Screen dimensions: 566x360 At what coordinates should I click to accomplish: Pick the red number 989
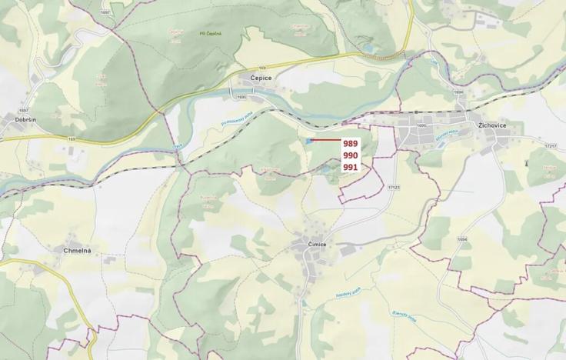[351, 144]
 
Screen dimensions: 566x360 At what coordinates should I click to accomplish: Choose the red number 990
[351, 155]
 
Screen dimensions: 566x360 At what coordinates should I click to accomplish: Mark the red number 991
[351, 167]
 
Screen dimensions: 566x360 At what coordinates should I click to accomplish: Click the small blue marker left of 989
[308, 141]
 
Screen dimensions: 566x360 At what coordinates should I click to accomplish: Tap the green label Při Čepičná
[210, 34]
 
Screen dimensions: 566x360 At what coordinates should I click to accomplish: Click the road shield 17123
[395, 186]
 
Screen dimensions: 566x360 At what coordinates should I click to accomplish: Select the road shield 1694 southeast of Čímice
[461, 239]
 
